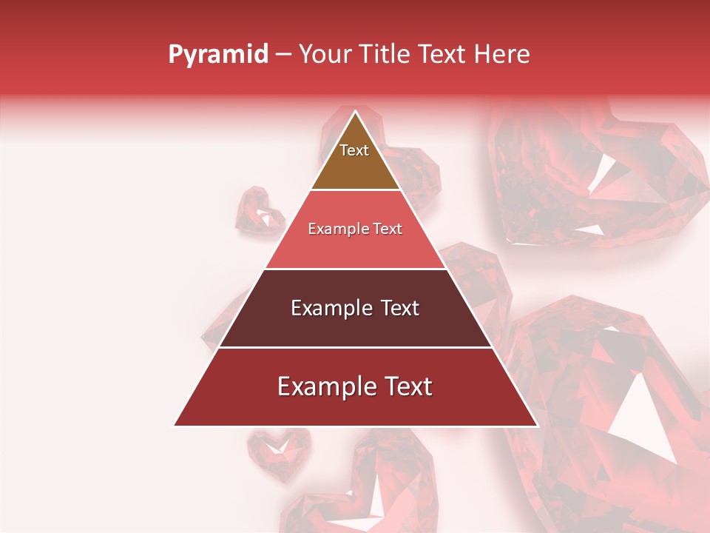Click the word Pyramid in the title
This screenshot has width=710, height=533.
[x=217, y=55]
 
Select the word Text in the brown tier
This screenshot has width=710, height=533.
[x=354, y=150]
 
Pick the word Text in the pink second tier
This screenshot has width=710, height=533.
[x=388, y=229]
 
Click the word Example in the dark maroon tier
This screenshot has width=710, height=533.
[x=331, y=308]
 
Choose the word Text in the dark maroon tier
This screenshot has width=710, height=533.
[x=400, y=308]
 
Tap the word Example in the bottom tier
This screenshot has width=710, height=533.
[x=325, y=386]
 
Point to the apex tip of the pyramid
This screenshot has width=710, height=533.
[x=355, y=112]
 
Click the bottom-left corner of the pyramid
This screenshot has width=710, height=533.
[x=175, y=425]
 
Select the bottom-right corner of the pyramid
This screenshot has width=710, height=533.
[x=536, y=425]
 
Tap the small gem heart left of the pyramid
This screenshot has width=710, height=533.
[x=259, y=210]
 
